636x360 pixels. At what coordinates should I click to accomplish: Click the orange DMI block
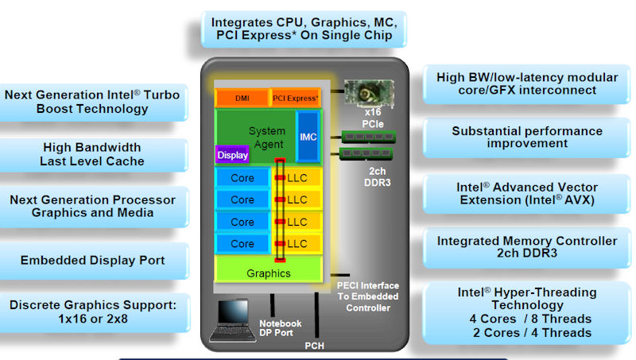[242, 98]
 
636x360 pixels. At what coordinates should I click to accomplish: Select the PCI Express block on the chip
[295, 98]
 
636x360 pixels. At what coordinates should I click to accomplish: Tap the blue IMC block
[308, 137]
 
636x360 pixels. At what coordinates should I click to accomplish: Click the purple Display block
[232, 154]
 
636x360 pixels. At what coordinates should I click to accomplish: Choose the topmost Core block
[242, 177]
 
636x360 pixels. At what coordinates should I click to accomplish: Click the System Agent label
[267, 137]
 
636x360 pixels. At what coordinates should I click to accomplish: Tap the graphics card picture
[369, 93]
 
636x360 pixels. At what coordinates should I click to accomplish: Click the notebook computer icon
[233, 320]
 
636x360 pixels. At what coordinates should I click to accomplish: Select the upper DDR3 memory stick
[369, 137]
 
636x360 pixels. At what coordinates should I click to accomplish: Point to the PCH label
[314, 346]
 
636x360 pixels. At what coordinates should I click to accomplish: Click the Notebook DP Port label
[281, 328]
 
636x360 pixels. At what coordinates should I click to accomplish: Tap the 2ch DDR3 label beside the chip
[377, 176]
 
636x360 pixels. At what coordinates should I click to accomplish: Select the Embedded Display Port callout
[93, 261]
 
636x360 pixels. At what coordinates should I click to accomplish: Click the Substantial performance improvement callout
[527, 137]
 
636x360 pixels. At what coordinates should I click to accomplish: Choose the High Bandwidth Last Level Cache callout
[92, 154]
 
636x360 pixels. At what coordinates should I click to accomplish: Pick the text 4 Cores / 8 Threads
[530, 319]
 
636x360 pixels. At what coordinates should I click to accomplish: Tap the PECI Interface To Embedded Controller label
[368, 296]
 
